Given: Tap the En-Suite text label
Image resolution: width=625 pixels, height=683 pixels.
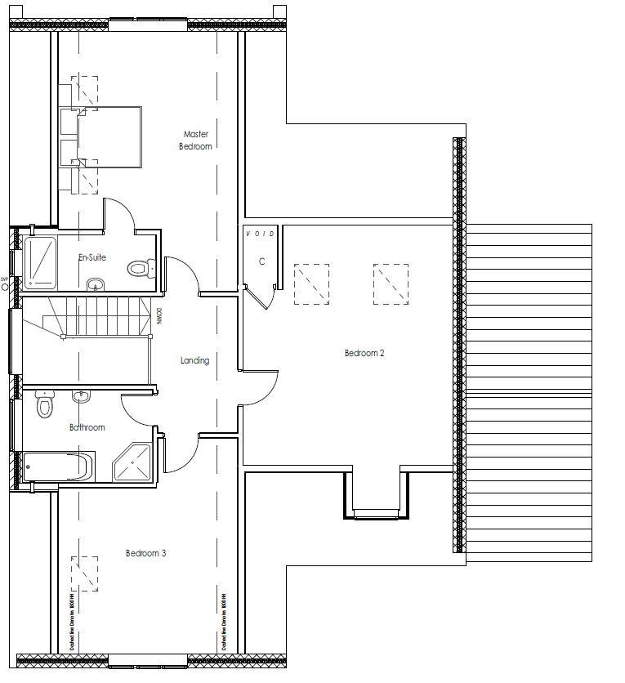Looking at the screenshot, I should point(92,257).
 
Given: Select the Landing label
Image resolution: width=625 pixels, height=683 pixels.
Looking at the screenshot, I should point(194,360).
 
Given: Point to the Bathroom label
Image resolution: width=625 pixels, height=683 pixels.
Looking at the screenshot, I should point(87,427).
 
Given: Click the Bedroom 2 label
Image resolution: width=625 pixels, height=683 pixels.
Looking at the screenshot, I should point(364,353).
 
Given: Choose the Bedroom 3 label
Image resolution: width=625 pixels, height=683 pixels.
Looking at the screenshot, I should point(145,553).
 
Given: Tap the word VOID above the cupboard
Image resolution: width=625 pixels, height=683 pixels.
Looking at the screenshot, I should point(261,234).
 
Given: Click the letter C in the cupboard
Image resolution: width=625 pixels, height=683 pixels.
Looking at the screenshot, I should point(261,261).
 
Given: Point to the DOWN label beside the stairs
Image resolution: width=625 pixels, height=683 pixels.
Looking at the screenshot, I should point(160,315).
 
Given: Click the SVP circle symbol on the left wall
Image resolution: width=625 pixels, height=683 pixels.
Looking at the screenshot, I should point(4,287).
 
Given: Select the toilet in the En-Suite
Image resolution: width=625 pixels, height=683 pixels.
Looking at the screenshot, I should point(141,269).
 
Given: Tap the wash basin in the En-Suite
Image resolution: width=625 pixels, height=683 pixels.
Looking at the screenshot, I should point(96,284).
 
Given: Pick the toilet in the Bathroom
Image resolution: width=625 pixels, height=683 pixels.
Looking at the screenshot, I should point(45,404).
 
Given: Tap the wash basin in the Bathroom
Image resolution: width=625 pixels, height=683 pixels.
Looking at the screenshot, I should point(81,396).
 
